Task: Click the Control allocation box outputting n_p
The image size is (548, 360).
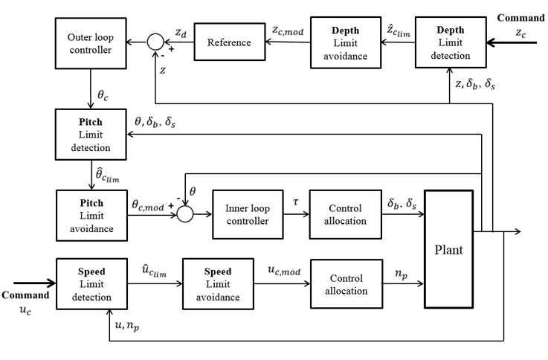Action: (x=344, y=283)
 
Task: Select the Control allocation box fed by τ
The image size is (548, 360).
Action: (x=344, y=213)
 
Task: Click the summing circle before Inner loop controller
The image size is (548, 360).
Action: (x=183, y=213)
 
